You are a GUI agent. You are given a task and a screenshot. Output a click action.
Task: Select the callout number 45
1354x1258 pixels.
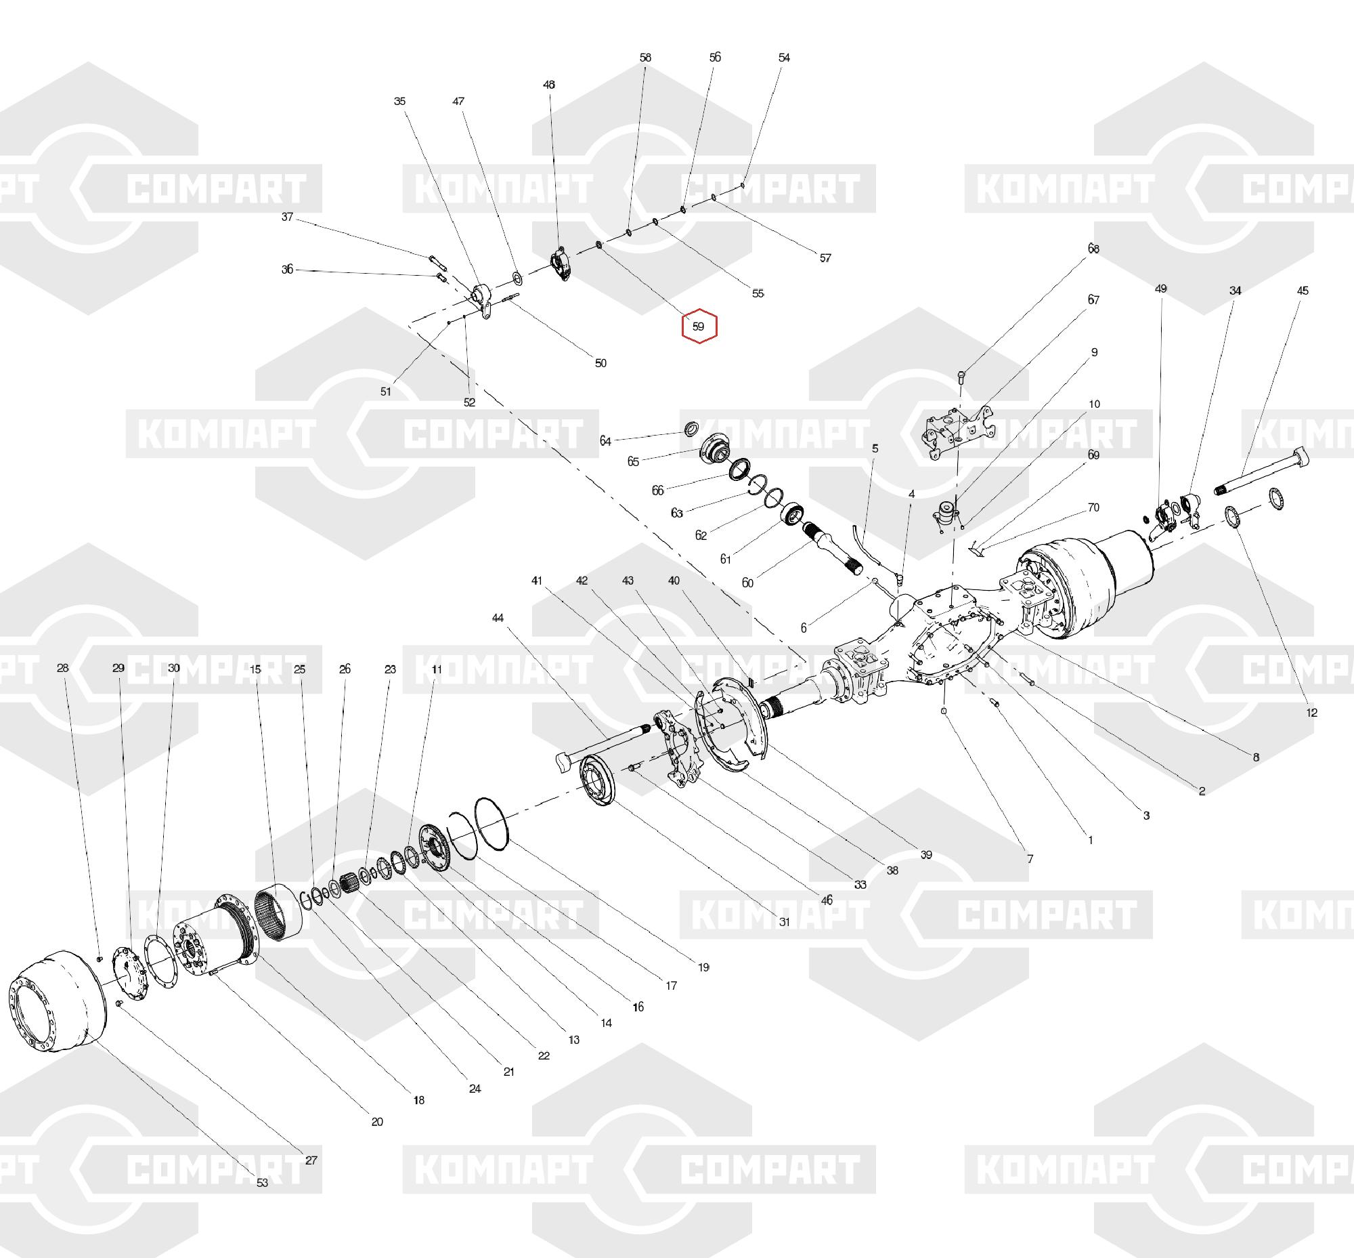(1303, 291)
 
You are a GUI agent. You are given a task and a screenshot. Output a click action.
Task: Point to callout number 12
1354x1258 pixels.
(1312, 713)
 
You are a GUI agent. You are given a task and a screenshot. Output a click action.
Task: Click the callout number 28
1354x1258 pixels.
(62, 668)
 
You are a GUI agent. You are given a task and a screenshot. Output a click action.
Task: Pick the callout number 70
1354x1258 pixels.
(1093, 507)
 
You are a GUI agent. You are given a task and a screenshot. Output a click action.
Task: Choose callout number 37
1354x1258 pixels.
(287, 217)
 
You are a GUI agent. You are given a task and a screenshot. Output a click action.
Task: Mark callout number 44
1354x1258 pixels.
(498, 618)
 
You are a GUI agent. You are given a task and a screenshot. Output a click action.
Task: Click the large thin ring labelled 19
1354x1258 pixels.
(492, 824)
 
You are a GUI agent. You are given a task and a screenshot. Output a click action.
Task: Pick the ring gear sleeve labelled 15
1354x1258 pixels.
(279, 911)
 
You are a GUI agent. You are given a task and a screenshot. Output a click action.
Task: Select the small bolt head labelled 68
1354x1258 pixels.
(961, 376)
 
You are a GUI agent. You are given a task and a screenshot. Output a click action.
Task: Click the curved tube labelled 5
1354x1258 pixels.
(863, 545)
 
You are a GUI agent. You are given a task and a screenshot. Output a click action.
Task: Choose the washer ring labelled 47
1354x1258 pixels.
(517, 278)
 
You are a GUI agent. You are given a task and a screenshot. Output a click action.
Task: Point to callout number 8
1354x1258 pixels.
(1256, 756)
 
